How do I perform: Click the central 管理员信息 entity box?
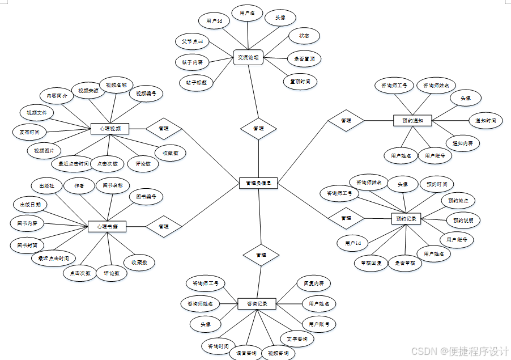point(258,183)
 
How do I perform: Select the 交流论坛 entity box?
point(248,57)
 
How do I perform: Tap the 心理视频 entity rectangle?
point(110,129)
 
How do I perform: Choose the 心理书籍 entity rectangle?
point(107,227)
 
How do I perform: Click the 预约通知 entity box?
point(412,120)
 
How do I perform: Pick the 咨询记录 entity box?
point(257,304)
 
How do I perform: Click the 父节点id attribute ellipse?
point(192,41)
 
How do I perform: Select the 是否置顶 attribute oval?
point(304,58)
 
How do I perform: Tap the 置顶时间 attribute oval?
point(300,82)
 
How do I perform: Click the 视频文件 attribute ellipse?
point(37,113)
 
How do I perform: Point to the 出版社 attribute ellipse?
point(46,185)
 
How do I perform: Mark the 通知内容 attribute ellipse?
point(462,142)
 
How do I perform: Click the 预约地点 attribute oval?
point(458,201)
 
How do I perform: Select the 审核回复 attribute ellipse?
point(371,263)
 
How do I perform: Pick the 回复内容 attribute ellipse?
point(313,283)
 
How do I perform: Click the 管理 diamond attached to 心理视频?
point(164,129)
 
